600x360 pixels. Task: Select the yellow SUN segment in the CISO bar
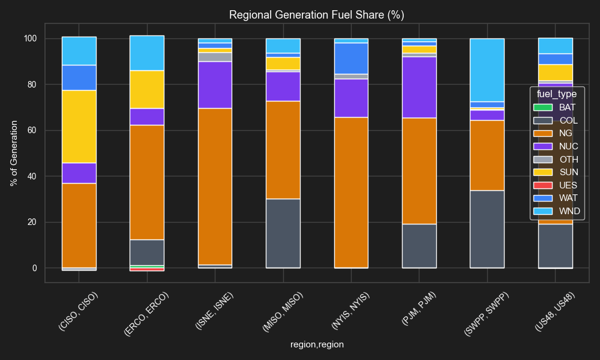[79, 127]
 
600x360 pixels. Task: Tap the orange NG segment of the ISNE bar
[215, 186]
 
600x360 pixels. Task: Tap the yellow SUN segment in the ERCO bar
[147, 89]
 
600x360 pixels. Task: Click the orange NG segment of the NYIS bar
[351, 192]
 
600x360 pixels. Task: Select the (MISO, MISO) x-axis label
[282, 311]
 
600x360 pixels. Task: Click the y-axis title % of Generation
[14, 153]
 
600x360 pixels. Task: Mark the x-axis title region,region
[317, 344]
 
